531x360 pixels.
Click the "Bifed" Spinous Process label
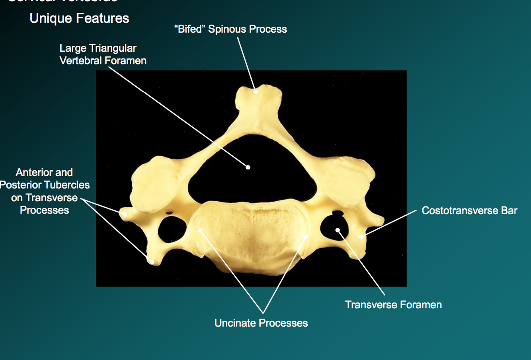pyautogui.click(x=230, y=29)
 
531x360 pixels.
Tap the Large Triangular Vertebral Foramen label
pyautogui.click(x=103, y=54)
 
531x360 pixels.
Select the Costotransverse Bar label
pyautogui.click(x=469, y=210)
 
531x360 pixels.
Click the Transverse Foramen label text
pyautogui.click(x=393, y=305)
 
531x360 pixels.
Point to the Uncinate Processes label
pyautogui.click(x=261, y=323)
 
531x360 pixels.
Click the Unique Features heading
pyautogui.click(x=79, y=18)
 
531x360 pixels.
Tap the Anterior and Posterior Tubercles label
pyautogui.click(x=45, y=191)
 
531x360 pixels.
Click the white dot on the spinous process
pyautogui.click(x=256, y=91)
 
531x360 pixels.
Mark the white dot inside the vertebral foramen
pyautogui.click(x=248, y=167)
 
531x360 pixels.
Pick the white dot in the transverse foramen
pyautogui.click(x=338, y=230)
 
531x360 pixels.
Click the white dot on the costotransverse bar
pyautogui.click(x=361, y=237)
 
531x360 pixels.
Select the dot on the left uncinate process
pyautogui.click(x=200, y=230)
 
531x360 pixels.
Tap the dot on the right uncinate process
pyautogui.click(x=306, y=237)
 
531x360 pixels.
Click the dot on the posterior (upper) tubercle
pyautogui.click(x=124, y=214)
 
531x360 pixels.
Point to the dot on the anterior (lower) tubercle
pyautogui.click(x=152, y=261)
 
